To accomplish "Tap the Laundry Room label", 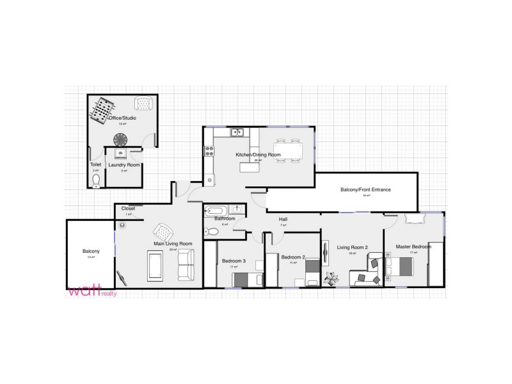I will pos(124,165).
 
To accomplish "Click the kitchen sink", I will pos(237,133).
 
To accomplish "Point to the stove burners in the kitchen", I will pos(209,151).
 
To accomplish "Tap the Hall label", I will pos(283,220).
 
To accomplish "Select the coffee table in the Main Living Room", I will pos(155,264).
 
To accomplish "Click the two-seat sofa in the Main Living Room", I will pos(186,265).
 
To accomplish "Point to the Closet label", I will pos(128,208).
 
